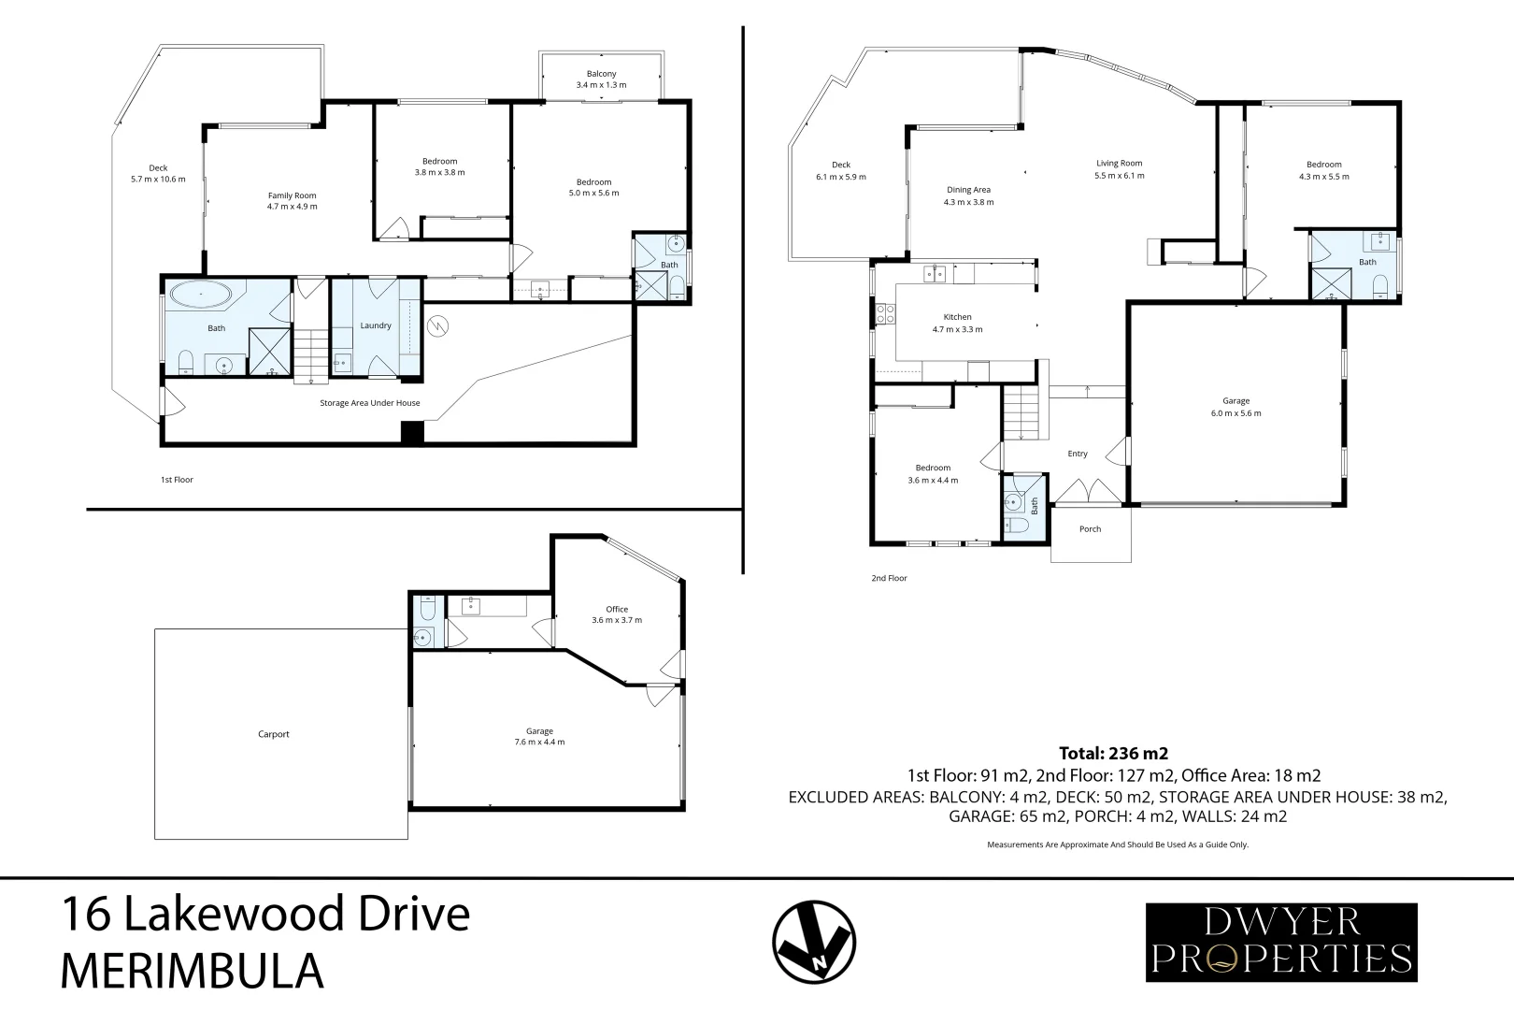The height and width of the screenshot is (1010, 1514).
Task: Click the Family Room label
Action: [x=292, y=201]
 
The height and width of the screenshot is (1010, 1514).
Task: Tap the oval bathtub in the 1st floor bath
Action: [x=199, y=296]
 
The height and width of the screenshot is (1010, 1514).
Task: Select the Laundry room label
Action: [x=376, y=325]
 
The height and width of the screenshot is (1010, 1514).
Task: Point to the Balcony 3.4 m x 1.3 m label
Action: [x=601, y=79]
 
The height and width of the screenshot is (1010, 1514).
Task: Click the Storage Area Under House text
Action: [x=369, y=403]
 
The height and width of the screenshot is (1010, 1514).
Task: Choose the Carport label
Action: [x=274, y=734]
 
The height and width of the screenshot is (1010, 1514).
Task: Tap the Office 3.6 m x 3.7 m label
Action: [x=617, y=614]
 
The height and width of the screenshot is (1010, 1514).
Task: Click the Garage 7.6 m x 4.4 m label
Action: [x=539, y=737]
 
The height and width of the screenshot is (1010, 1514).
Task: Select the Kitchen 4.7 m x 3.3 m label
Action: [x=957, y=323]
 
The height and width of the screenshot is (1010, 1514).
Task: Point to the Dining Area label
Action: [x=968, y=195]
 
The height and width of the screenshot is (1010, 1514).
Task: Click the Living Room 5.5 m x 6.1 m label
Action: [x=1119, y=169]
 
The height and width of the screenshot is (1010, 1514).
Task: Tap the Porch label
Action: [x=1090, y=529]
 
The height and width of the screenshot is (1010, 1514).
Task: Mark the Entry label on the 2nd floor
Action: [x=1078, y=454]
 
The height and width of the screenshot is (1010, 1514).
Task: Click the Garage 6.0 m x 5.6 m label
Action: [x=1235, y=407]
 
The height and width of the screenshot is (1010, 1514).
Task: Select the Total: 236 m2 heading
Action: [x=1113, y=753]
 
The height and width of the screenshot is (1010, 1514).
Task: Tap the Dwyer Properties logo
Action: [x=1281, y=942]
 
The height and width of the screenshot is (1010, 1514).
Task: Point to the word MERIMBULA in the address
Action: [x=192, y=972]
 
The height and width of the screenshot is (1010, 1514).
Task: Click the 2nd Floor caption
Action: [x=889, y=578]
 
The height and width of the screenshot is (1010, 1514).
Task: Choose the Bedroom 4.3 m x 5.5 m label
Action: [x=1323, y=170]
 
